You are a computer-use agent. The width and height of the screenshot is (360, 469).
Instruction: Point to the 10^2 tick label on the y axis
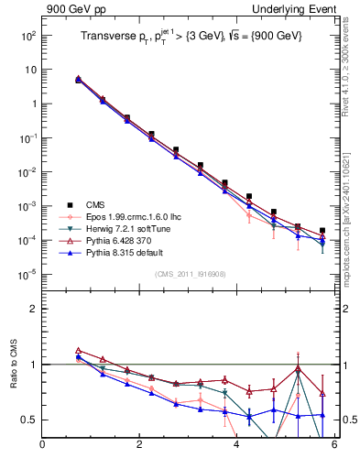tap(27, 35)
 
